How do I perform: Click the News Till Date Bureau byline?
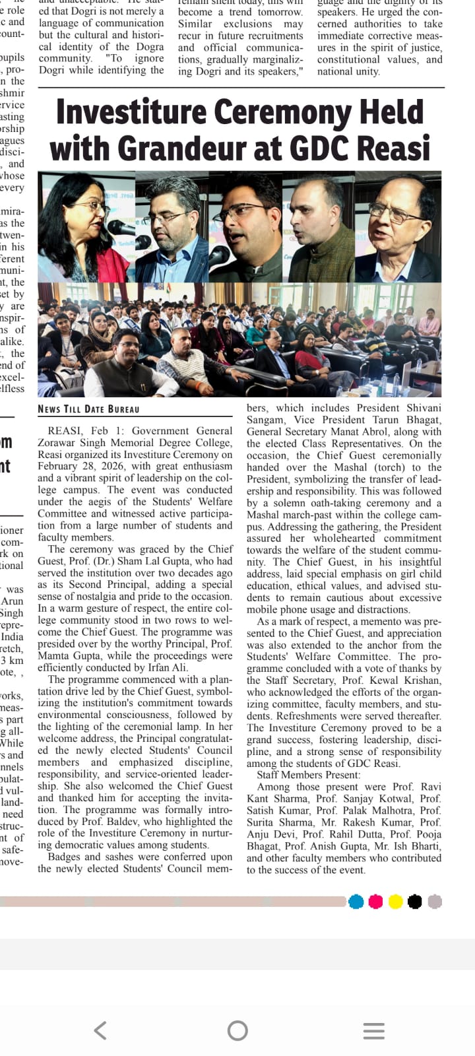point(88,409)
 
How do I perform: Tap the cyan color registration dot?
point(356,902)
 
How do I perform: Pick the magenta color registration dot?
point(375,902)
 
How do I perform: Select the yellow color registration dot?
point(395,902)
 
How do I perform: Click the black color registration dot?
point(415,902)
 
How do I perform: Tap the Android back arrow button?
point(100,1030)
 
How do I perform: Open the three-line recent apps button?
point(374,1030)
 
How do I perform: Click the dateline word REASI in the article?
point(65,431)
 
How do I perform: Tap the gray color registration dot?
point(435,902)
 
